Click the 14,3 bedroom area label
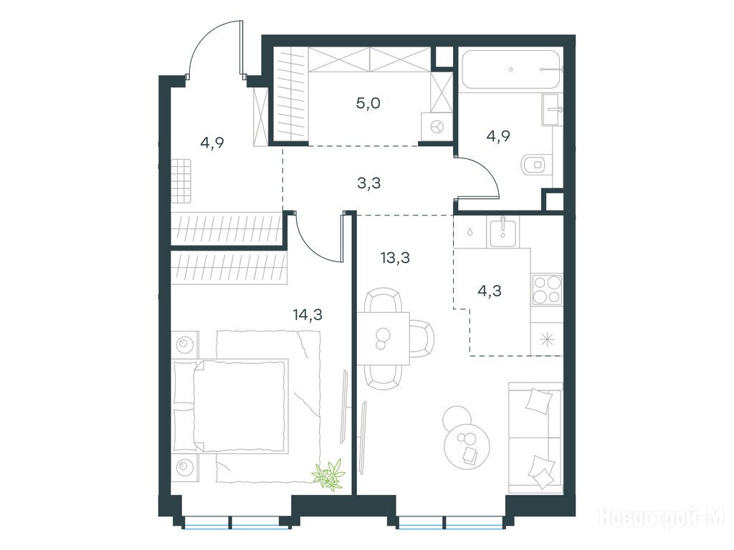[x=308, y=315]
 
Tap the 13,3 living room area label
[x=395, y=257]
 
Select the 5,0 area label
[x=368, y=103]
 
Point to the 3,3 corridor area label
[x=369, y=183]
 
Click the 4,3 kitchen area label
[x=489, y=291]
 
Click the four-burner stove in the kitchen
[x=547, y=289]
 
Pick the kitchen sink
[x=502, y=233]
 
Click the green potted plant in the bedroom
[x=329, y=474]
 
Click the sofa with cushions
[x=535, y=438]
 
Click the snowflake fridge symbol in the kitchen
[x=546, y=339]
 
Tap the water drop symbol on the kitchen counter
[x=470, y=231]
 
